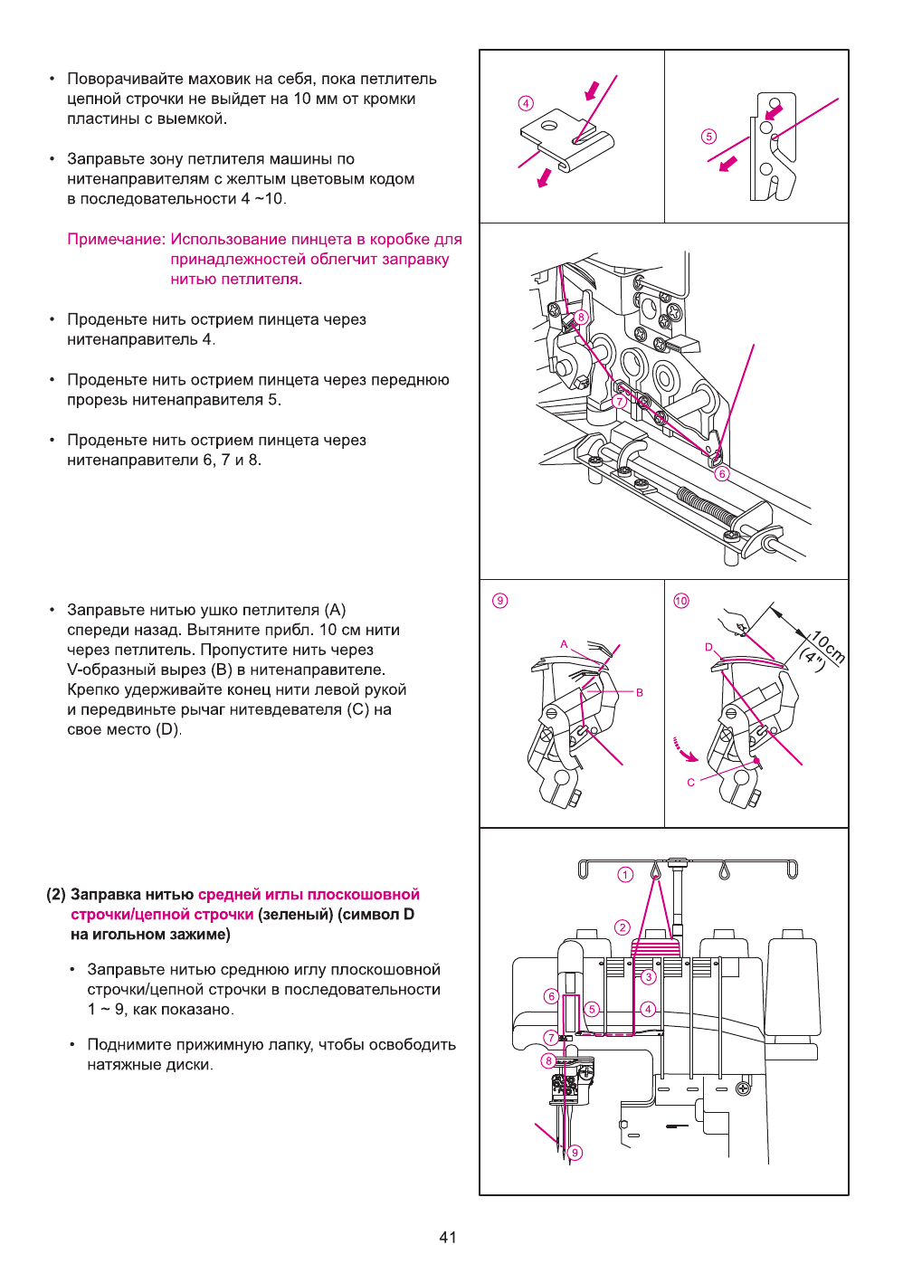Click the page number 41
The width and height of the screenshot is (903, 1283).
point(448,1238)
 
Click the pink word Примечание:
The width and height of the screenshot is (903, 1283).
point(116,240)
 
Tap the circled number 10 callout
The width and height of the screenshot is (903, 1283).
point(681,601)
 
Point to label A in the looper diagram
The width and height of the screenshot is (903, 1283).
point(564,644)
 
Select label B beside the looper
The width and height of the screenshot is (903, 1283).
point(640,692)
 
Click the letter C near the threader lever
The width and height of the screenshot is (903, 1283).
point(691,783)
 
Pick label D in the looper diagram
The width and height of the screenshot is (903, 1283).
point(708,647)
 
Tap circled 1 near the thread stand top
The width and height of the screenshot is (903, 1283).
point(625,874)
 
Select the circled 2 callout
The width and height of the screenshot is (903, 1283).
point(622,927)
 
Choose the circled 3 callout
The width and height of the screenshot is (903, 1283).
point(648,977)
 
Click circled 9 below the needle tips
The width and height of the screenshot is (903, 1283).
point(575,1153)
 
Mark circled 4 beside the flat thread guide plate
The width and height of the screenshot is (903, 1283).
point(526,103)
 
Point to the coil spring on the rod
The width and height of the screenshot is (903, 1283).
point(707,505)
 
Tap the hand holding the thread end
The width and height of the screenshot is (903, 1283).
point(733,622)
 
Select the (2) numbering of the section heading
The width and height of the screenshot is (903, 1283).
point(56,895)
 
